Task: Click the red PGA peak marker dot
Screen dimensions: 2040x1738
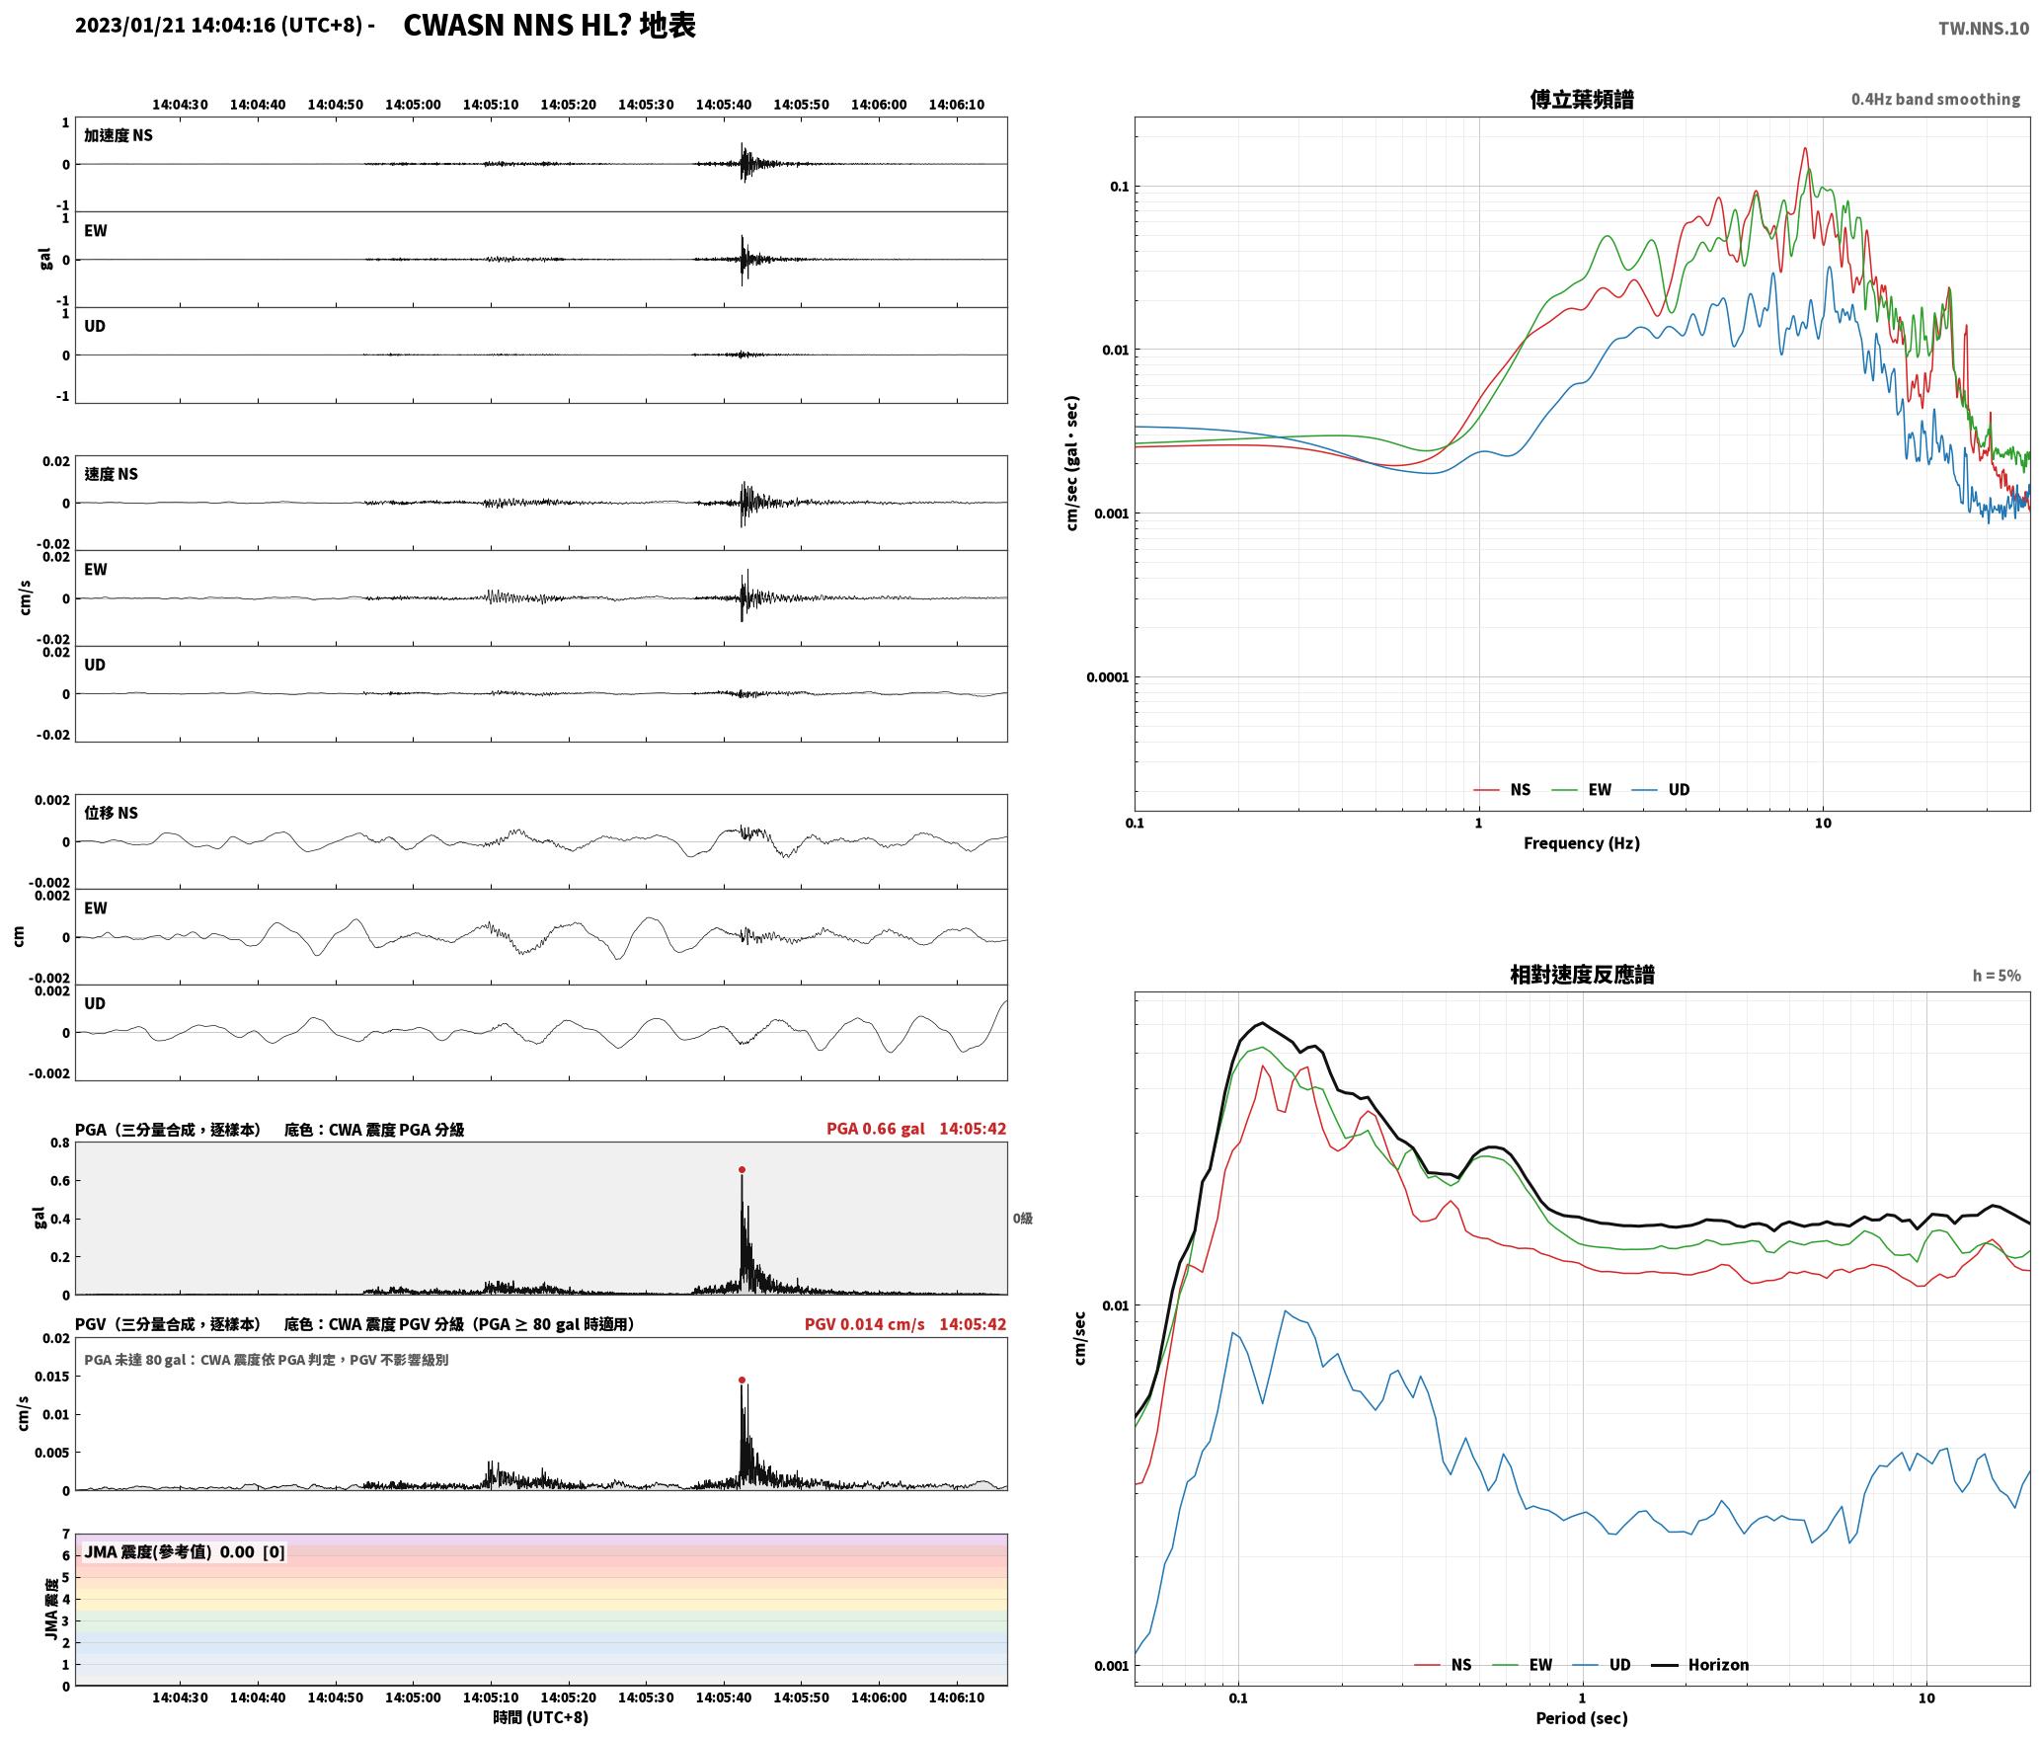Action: click(x=742, y=1170)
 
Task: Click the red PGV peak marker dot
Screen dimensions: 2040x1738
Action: click(x=742, y=1381)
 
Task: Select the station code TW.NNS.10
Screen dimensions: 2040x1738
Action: click(x=1983, y=29)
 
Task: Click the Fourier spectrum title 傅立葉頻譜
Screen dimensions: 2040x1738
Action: click(x=1581, y=100)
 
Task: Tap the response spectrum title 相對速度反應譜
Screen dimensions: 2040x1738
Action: click(x=1582, y=975)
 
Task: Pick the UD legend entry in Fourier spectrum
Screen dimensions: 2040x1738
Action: click(x=1661, y=790)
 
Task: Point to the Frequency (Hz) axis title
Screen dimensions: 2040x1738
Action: click(x=1581, y=843)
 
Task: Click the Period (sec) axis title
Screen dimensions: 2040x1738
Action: click(x=1581, y=1718)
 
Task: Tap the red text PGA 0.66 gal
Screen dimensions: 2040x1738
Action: click(x=875, y=1129)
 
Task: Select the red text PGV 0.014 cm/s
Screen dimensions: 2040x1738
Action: click(x=864, y=1324)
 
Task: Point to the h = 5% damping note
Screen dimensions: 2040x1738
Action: click(x=1997, y=976)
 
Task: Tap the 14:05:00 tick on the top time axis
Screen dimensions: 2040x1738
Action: click(x=413, y=105)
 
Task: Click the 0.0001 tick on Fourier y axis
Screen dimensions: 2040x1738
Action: click(x=1108, y=677)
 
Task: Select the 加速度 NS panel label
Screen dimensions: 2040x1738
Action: click(x=118, y=135)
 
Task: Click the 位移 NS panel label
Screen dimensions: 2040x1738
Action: click(x=111, y=813)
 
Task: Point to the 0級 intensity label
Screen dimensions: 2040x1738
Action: click(x=1022, y=1219)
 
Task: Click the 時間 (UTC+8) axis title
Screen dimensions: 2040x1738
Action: click(x=540, y=1717)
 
